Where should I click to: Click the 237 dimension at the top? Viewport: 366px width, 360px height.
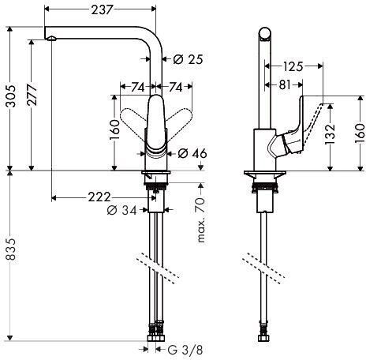pos(102,10)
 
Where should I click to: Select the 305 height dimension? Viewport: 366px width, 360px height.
pos(11,96)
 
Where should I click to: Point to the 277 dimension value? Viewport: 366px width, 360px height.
pos(32,95)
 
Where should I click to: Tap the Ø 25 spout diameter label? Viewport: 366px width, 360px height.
pos(189,59)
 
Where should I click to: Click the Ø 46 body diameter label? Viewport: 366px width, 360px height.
pos(192,153)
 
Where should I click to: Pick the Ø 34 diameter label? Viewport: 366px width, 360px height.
pos(122,210)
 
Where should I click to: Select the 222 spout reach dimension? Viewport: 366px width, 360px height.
pos(99,197)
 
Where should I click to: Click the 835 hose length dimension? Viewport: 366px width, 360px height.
pos(11,249)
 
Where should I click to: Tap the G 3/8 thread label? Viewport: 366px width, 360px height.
pos(185,350)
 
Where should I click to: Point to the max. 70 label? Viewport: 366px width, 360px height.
pos(200,219)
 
